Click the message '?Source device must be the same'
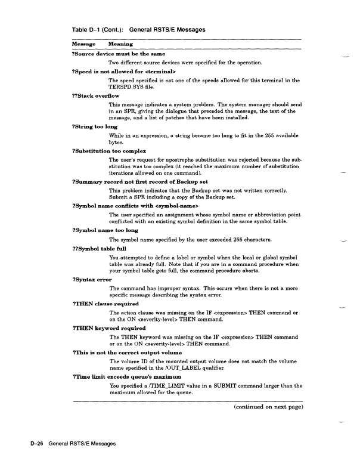(118, 54)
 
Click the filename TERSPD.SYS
(128, 86)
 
